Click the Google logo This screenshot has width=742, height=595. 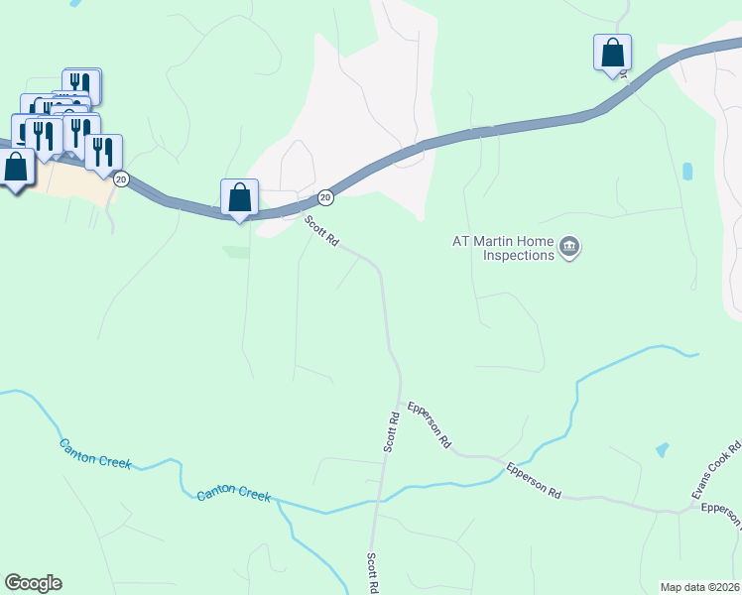pyautogui.click(x=33, y=583)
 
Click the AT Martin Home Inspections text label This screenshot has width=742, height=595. pyautogui.click(x=504, y=248)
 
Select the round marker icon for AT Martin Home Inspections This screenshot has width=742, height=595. pyautogui.click(x=568, y=247)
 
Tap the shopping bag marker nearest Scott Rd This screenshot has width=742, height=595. pyautogui.click(x=239, y=197)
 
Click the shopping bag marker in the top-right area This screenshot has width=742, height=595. pyautogui.click(x=612, y=53)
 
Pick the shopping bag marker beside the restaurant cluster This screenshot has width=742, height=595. pyautogui.click(x=17, y=167)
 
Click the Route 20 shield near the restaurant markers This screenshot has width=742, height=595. pyautogui.click(x=121, y=178)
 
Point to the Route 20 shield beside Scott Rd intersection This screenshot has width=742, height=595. pyautogui.click(x=325, y=197)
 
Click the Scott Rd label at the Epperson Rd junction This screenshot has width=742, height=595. pyautogui.click(x=393, y=427)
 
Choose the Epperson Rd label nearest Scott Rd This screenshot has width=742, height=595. pyautogui.click(x=430, y=425)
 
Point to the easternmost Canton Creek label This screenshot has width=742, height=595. pyautogui.click(x=233, y=494)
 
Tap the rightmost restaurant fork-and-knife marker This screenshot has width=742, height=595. pyautogui.click(x=102, y=152)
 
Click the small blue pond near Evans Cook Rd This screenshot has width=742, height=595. pyautogui.click(x=662, y=450)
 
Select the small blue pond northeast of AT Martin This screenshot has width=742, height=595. pyautogui.click(x=688, y=171)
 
